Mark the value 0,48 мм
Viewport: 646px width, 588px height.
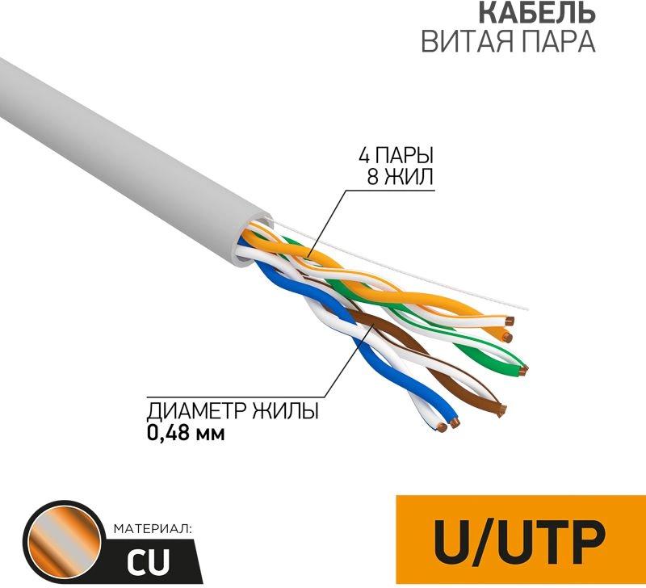tap(185, 433)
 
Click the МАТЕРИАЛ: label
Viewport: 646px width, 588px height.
tap(152, 529)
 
